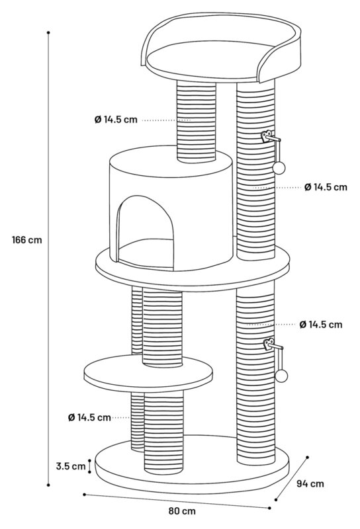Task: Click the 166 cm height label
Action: tap(27, 240)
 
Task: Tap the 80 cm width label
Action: tap(182, 511)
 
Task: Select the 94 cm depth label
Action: tap(310, 484)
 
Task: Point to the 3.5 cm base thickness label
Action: tap(71, 466)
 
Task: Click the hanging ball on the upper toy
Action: tap(279, 168)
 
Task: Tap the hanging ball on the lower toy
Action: tap(281, 376)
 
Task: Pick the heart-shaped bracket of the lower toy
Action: tap(269, 345)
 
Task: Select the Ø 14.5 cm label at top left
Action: tap(116, 120)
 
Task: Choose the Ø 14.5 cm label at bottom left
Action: tap(89, 418)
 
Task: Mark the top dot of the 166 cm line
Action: tap(48, 32)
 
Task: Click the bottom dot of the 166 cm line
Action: tap(48, 485)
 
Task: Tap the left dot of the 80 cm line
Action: tap(84, 495)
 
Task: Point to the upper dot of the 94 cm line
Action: tap(307, 458)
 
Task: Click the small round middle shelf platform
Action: tap(148, 374)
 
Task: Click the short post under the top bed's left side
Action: tap(196, 122)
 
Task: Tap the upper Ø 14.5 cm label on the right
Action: tap(326, 187)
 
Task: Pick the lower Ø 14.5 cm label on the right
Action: tap(321, 325)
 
